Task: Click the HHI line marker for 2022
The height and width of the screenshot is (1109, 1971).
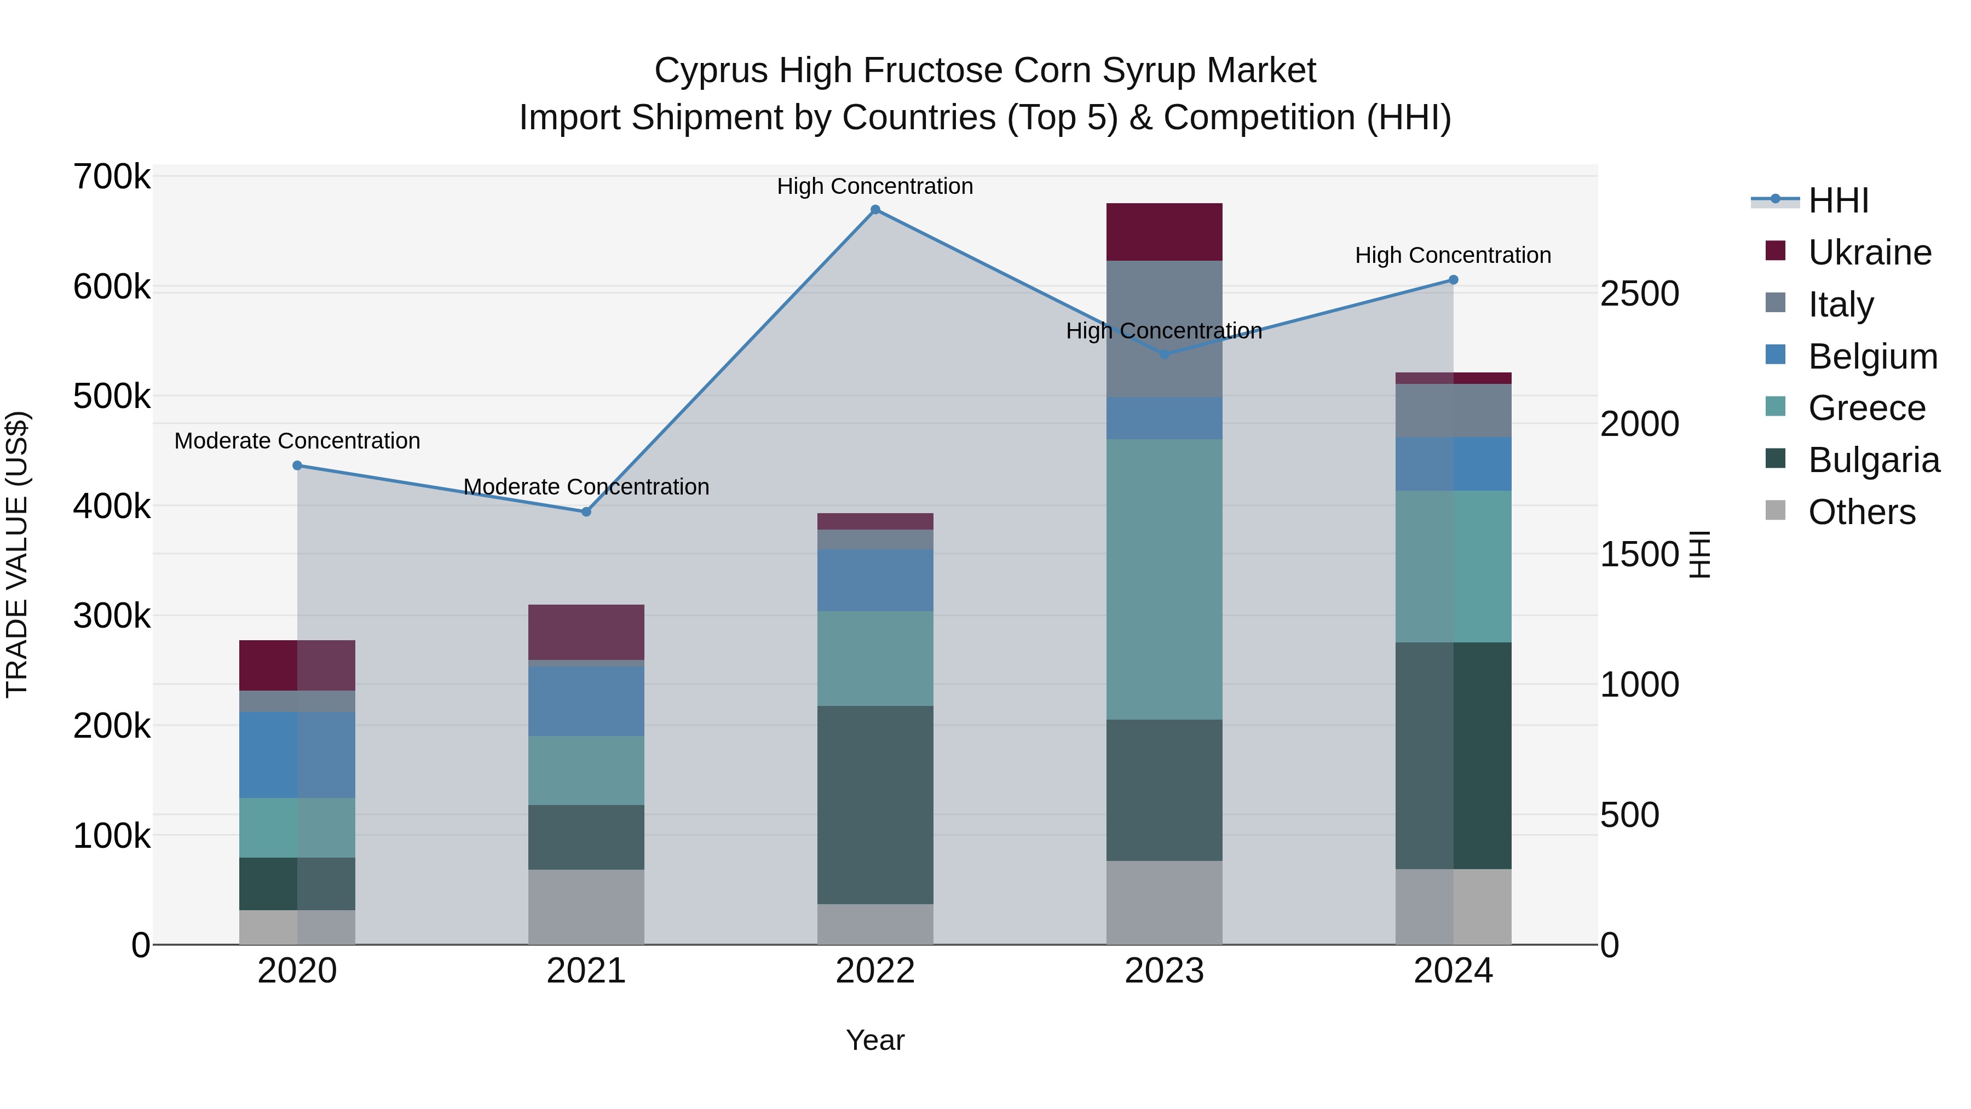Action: click(875, 210)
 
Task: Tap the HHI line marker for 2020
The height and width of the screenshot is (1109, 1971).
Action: click(298, 466)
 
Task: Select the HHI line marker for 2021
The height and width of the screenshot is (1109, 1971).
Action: click(586, 512)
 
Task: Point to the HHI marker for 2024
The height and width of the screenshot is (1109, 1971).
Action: click(1454, 280)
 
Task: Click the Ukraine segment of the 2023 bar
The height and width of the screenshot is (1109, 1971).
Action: click(1164, 232)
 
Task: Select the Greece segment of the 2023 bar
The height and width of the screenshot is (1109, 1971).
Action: click(1164, 579)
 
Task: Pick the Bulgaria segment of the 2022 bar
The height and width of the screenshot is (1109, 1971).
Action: click(875, 805)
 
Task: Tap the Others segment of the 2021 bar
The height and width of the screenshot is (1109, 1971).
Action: click(586, 906)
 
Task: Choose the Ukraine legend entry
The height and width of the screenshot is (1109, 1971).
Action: click(1869, 252)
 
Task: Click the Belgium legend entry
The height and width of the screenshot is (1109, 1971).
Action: click(1872, 357)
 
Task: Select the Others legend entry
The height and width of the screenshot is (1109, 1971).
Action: click(1861, 512)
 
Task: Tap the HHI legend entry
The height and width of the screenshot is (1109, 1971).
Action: click(1839, 200)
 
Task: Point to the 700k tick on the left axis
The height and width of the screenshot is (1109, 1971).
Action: click(112, 177)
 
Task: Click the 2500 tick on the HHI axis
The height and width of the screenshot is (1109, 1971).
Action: click(1639, 294)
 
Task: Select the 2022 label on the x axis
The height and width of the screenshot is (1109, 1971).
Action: click(875, 971)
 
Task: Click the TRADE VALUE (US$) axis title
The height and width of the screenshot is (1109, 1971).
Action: click(18, 554)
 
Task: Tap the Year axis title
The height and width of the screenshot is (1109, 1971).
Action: click(875, 1040)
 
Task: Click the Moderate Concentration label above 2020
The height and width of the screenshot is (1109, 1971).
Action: click(298, 441)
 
